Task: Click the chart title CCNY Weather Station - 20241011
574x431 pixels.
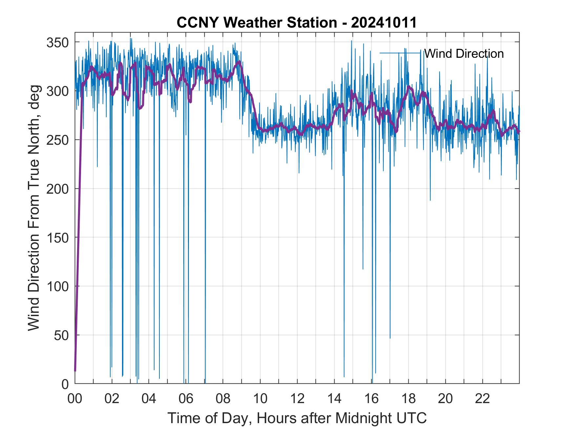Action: (297, 23)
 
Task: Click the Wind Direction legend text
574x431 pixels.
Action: (464, 54)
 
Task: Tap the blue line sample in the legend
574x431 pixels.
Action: (400, 53)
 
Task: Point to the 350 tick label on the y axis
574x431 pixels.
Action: (58, 42)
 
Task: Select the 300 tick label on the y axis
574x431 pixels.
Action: (58, 91)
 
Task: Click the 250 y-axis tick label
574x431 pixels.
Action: (58, 140)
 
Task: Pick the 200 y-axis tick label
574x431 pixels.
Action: (58, 189)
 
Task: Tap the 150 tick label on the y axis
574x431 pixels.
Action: (58, 238)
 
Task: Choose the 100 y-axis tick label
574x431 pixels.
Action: (58, 287)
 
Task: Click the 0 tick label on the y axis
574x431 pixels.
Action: (65, 384)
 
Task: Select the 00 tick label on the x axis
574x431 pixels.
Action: (75, 399)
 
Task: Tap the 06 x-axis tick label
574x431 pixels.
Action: (186, 399)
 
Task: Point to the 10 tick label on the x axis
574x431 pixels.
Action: (260, 399)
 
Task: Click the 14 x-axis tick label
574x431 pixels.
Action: (334, 399)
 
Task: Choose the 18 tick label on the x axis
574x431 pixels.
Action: (408, 399)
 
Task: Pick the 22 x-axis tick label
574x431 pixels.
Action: (482, 399)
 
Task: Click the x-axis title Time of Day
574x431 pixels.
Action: (297, 418)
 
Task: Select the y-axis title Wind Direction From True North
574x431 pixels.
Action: (34, 208)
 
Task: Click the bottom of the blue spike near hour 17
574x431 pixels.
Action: (390, 338)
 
